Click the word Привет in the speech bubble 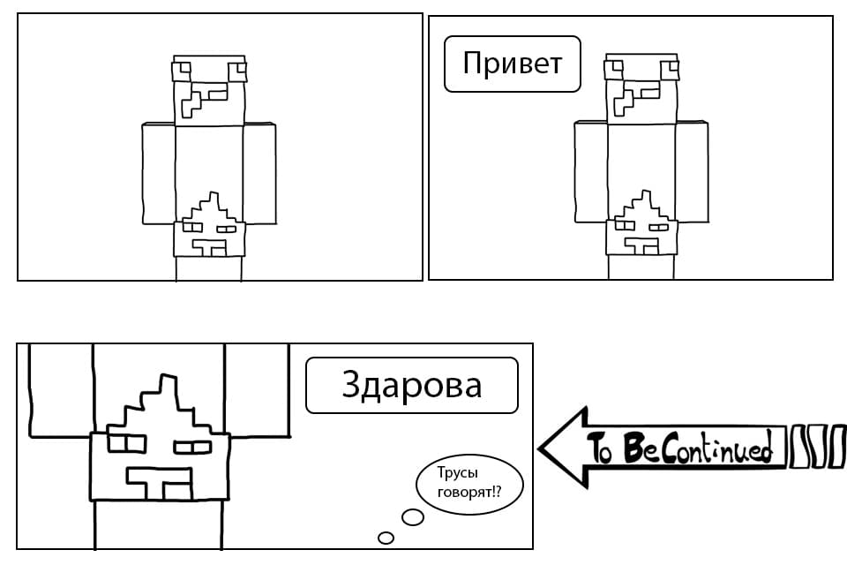tap(513, 64)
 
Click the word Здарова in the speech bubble tap(411, 385)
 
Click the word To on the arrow tap(601, 448)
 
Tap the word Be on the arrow tap(640, 448)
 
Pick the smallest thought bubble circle tap(386, 537)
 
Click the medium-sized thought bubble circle tap(412, 517)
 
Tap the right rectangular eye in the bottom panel tap(192, 446)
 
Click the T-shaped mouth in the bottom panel tap(159, 481)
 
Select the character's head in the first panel tap(208, 90)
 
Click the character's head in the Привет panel tap(641, 90)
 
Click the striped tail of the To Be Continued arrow tap(817, 447)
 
